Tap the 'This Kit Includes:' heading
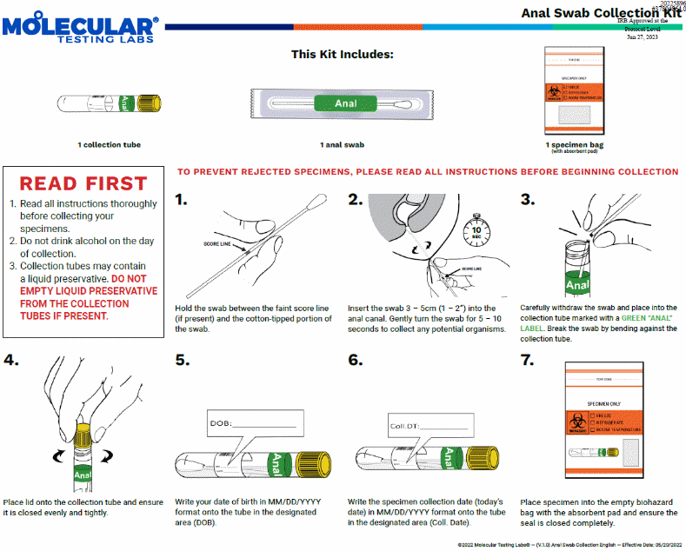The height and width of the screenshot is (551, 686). (343, 54)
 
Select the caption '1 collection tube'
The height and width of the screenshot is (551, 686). (109, 144)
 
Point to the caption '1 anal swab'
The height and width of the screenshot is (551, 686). (343, 144)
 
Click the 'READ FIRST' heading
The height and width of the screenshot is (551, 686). (83, 183)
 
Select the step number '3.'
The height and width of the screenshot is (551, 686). (527, 200)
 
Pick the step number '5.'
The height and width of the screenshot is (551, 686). (183, 360)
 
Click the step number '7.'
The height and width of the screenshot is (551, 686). (527, 360)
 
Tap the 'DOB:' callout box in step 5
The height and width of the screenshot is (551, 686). (256, 424)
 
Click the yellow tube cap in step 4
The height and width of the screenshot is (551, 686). (83, 431)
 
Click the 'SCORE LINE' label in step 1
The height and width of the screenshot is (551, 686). (217, 245)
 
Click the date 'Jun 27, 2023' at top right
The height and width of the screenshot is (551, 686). (642, 37)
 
